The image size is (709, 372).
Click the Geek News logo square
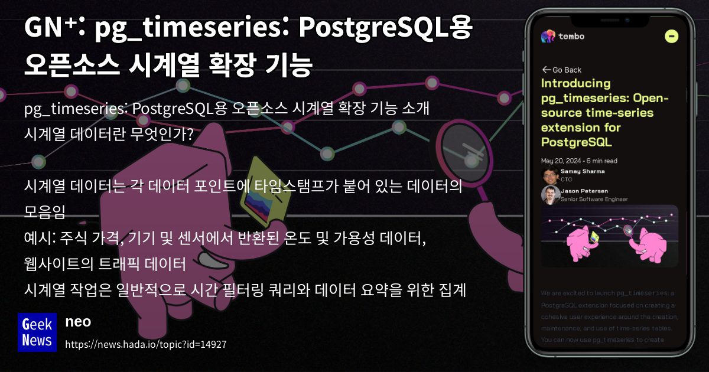point(37,332)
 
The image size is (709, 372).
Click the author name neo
point(77,322)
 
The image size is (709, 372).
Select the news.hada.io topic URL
point(145,344)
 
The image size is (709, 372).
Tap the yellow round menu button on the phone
point(671,36)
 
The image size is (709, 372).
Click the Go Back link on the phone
point(562,70)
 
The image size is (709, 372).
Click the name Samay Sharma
point(583,171)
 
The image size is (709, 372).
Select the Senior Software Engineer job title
point(594,200)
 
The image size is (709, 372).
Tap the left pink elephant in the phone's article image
point(580,242)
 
